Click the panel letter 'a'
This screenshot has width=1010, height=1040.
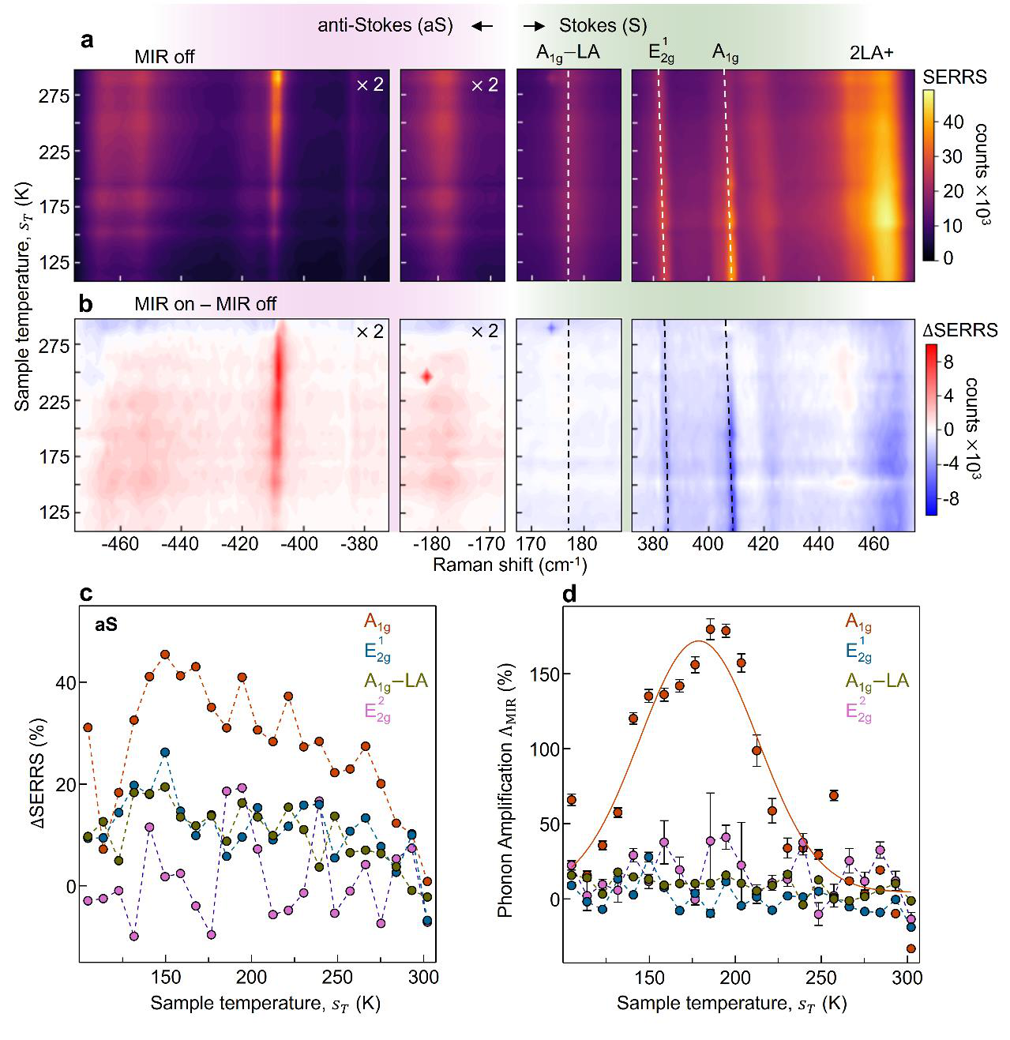[87, 40]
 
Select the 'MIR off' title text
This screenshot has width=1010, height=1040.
[164, 57]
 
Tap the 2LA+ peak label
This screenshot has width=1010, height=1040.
[872, 53]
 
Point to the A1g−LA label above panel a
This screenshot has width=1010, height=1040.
[568, 53]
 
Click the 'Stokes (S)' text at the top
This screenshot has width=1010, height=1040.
[603, 25]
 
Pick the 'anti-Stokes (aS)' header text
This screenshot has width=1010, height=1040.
[385, 25]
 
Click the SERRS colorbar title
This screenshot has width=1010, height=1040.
[955, 77]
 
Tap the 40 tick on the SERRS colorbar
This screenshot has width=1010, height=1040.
[953, 122]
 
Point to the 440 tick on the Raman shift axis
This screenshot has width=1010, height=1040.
[818, 544]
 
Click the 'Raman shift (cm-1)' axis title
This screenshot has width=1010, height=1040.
[509, 565]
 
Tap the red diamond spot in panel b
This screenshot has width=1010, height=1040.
[426, 376]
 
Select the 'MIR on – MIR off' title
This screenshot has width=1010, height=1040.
[205, 304]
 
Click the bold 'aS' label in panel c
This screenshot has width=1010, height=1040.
[107, 625]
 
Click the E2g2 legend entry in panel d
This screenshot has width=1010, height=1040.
[858, 710]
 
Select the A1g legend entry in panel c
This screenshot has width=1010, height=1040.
[377, 621]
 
